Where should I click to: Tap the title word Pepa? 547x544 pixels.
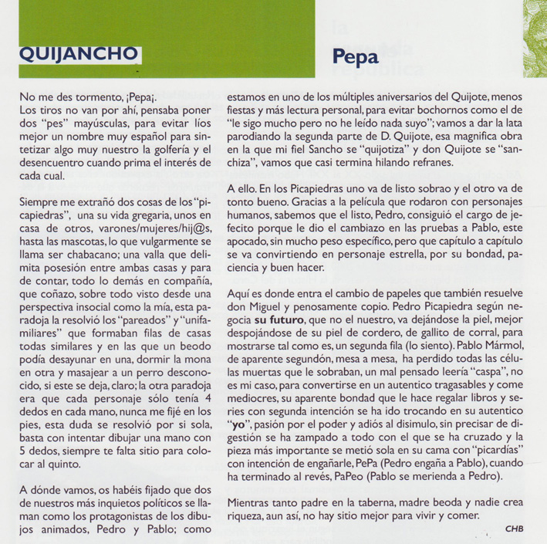[x=357, y=58]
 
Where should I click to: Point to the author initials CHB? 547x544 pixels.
[x=514, y=529]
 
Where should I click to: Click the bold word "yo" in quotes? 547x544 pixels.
[x=240, y=424]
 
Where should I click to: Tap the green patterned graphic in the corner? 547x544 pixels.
[x=533, y=19]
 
